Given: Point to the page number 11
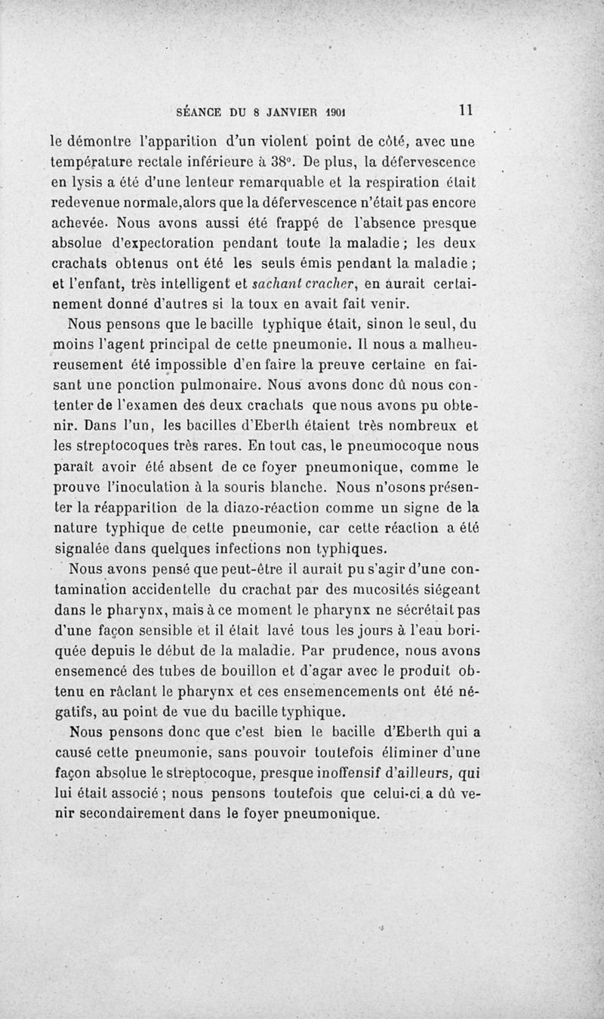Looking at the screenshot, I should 464,109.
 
